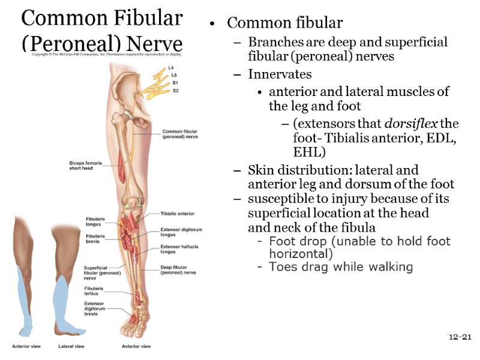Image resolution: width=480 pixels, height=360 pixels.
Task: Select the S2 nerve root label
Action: tap(175, 91)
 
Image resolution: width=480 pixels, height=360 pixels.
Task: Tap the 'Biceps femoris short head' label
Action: tap(82, 165)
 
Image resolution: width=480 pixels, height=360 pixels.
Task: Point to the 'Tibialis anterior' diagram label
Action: tap(177, 214)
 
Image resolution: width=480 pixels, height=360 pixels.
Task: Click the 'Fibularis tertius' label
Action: tap(94, 291)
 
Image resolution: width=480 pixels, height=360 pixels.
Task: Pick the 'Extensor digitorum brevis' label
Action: tap(95, 308)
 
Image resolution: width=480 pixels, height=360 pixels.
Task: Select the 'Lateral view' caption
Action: tap(71, 346)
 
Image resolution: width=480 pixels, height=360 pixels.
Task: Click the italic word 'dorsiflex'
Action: tap(411, 124)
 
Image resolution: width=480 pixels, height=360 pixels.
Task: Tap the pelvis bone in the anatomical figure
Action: tap(128, 87)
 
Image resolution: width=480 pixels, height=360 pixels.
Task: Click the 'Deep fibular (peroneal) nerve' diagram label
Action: tap(178, 270)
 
